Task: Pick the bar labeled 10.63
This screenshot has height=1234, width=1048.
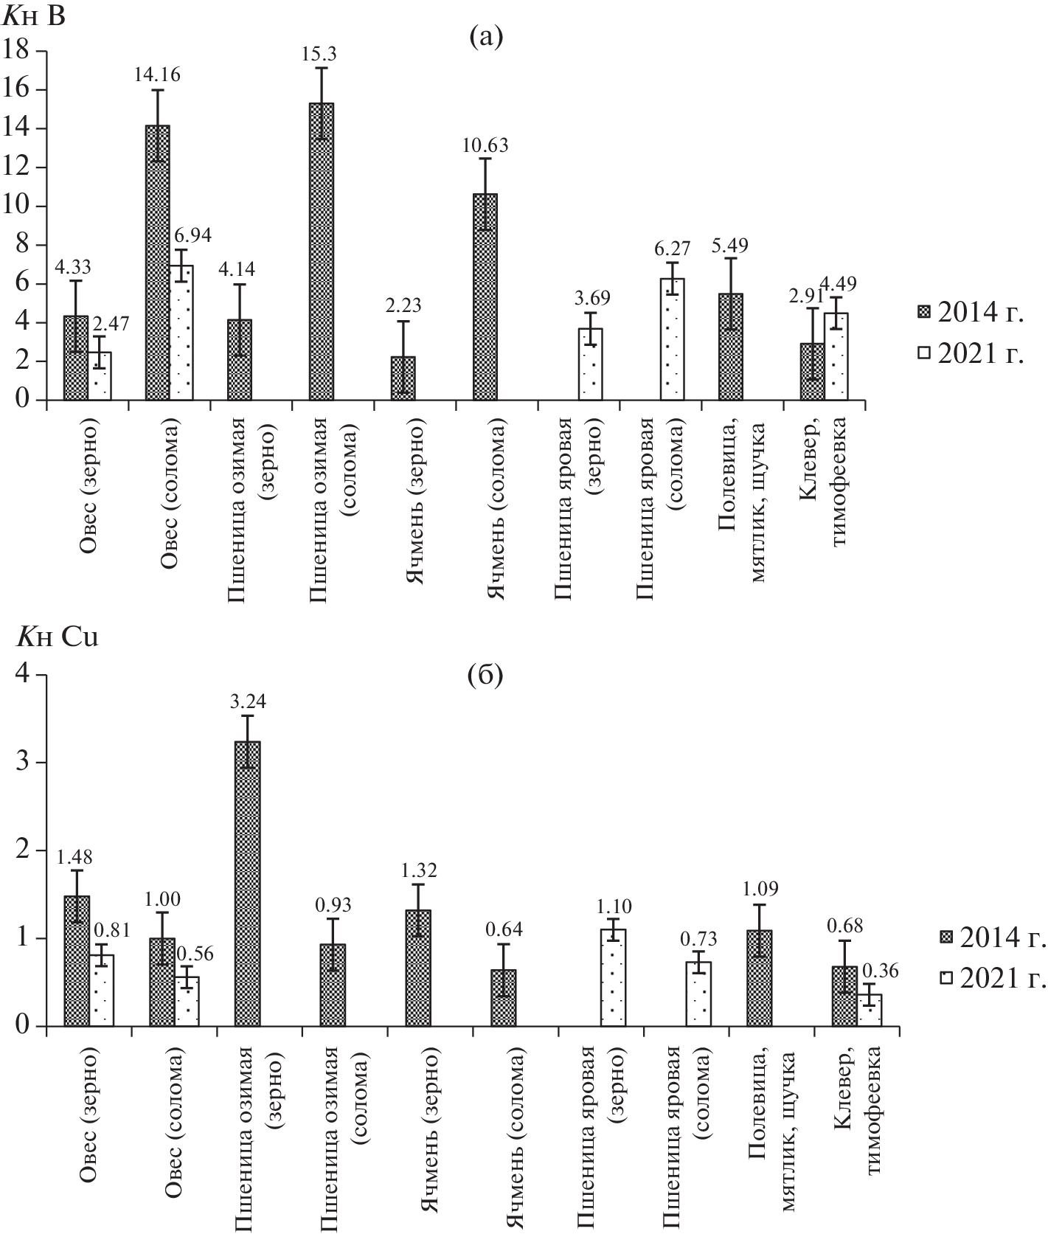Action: (x=485, y=297)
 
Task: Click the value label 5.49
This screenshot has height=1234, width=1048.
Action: (x=730, y=246)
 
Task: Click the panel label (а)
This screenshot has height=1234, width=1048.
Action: (x=486, y=37)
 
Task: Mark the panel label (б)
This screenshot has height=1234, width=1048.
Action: (x=486, y=675)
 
